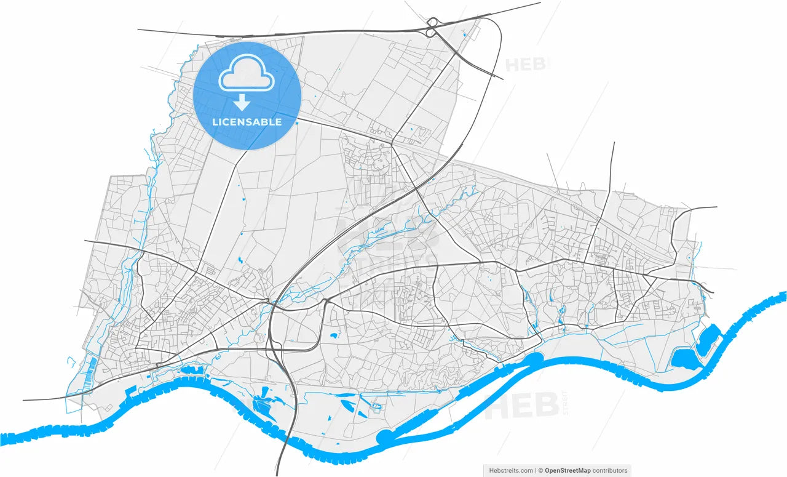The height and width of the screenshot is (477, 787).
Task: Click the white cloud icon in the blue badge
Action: pos(247,73)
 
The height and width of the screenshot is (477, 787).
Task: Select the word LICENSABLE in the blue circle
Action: pos(247,122)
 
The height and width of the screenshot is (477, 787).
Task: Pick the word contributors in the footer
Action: pos(610,470)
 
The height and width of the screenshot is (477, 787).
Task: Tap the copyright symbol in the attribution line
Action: pos(540,470)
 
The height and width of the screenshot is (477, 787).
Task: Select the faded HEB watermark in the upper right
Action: pos(528,64)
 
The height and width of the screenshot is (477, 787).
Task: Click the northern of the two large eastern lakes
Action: pos(709,338)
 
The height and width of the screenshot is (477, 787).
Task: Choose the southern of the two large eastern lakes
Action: pos(681,358)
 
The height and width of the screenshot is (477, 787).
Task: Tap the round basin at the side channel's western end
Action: pos(386,438)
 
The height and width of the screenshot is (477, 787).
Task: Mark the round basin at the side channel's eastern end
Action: pos(533,358)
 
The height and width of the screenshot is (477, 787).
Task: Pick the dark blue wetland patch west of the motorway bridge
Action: pos(262,406)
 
